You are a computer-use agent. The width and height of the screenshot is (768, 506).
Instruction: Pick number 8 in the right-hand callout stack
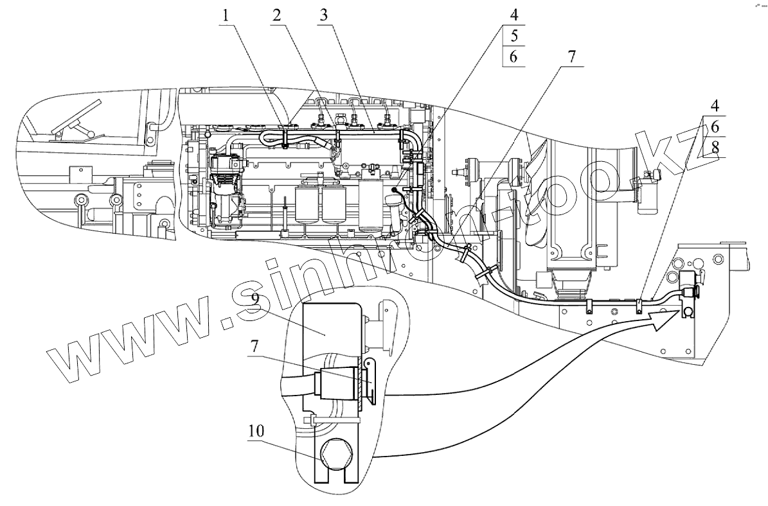715,148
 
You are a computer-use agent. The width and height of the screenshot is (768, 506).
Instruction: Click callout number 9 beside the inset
256,299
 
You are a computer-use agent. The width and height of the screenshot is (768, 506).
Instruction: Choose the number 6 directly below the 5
513,57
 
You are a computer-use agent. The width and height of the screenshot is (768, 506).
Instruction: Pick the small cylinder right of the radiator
644,193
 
